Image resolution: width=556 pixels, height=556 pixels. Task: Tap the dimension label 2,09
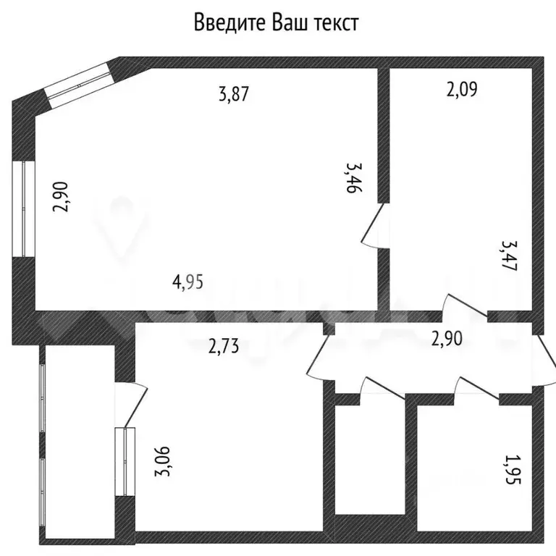(x=463, y=90)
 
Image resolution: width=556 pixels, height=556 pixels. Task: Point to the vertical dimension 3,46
(x=354, y=177)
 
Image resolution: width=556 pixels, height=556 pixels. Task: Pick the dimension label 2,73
(x=223, y=347)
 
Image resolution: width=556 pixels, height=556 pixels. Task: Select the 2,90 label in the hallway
(x=447, y=338)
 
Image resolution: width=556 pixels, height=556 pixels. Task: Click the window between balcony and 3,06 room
(x=125, y=462)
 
